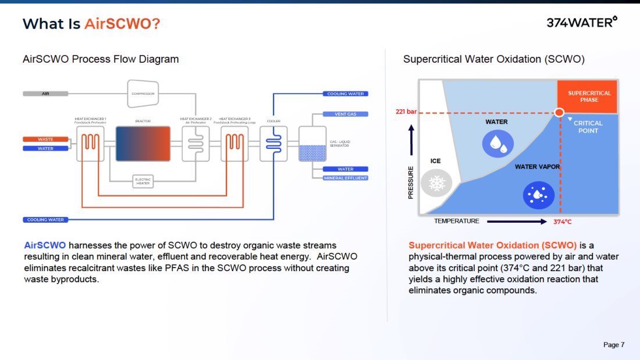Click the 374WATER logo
[581, 23]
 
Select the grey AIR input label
[45, 93]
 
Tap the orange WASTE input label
[45, 140]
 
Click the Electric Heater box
[143, 181]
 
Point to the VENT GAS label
[346, 114]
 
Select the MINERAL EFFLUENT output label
[346, 178]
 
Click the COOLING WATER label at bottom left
[45, 220]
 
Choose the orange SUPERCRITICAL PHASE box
[589, 96]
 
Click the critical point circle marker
[559, 112]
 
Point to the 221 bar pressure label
[406, 112]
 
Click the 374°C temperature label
[563, 222]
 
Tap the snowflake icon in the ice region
[436, 184]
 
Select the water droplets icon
[498, 143]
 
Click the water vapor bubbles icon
[538, 195]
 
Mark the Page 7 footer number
[614, 345]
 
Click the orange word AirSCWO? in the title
[122, 24]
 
